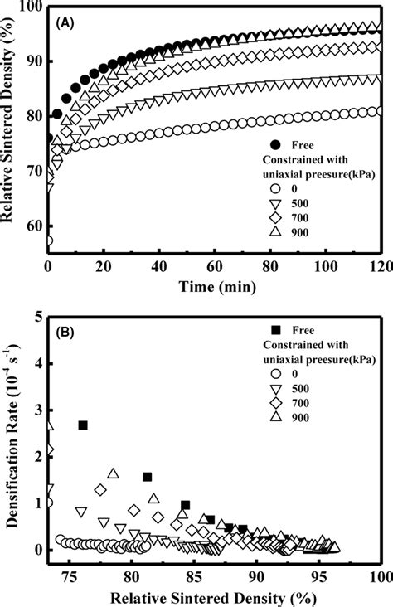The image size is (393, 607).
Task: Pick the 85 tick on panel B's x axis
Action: pos(193,575)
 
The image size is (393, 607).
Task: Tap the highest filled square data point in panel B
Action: pos(83,425)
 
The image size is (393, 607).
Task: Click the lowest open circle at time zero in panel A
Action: pos(48,241)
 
